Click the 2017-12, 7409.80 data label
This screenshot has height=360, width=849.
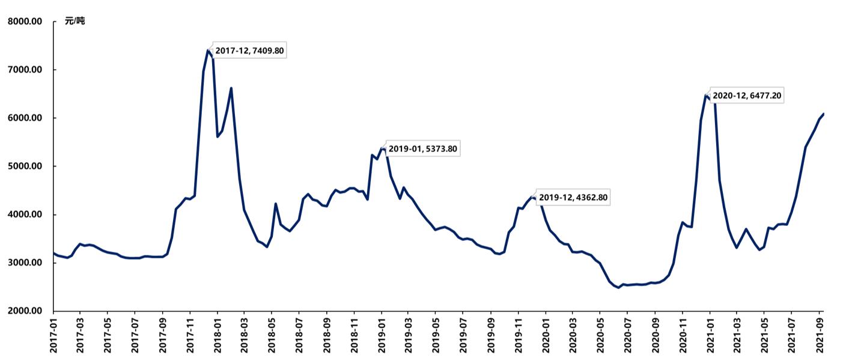[249, 51]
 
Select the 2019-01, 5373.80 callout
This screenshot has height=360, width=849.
[423, 148]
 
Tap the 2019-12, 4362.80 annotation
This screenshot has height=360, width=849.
[573, 197]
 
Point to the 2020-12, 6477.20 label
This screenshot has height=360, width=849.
[747, 95]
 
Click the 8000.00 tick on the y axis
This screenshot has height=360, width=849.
[25, 22]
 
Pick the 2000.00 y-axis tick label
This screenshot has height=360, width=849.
[25, 311]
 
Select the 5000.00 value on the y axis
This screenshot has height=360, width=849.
[25, 166]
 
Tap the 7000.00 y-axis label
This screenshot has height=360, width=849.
[25, 70]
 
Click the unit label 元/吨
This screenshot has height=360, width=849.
[75, 22]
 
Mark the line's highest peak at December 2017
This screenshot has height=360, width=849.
[208, 50]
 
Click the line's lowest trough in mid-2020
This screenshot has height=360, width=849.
[618, 287]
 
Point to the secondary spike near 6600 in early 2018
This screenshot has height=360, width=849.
[231, 88]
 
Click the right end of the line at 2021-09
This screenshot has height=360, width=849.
[823, 114]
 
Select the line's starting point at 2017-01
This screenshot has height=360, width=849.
[53, 253]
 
